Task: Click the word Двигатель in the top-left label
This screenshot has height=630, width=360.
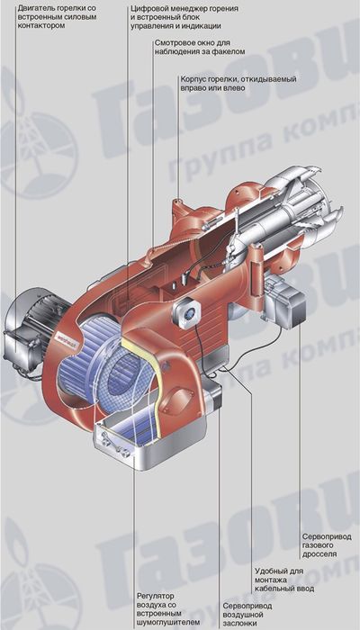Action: pos(33,8)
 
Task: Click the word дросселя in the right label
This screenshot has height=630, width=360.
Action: pos(319,554)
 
